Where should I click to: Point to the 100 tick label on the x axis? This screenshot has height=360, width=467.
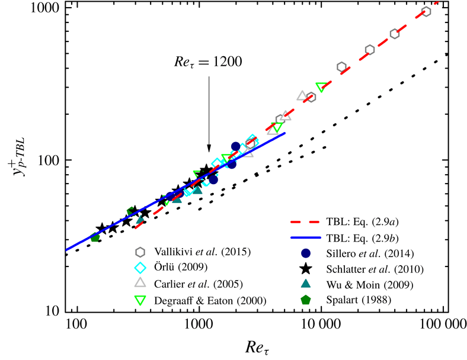click(x=75, y=324)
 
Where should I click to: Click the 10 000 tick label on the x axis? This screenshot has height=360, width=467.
click(x=321, y=324)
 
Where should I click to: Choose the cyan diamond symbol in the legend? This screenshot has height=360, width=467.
click(x=140, y=267)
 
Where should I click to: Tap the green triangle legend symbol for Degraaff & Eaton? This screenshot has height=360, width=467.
click(x=140, y=300)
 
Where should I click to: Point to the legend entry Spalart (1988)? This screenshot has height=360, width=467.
click(x=360, y=300)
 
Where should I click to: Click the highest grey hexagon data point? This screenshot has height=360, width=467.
click(x=426, y=12)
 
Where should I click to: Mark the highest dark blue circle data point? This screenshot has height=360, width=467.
click(x=235, y=146)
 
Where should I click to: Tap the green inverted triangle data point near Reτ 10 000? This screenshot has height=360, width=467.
click(x=321, y=87)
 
